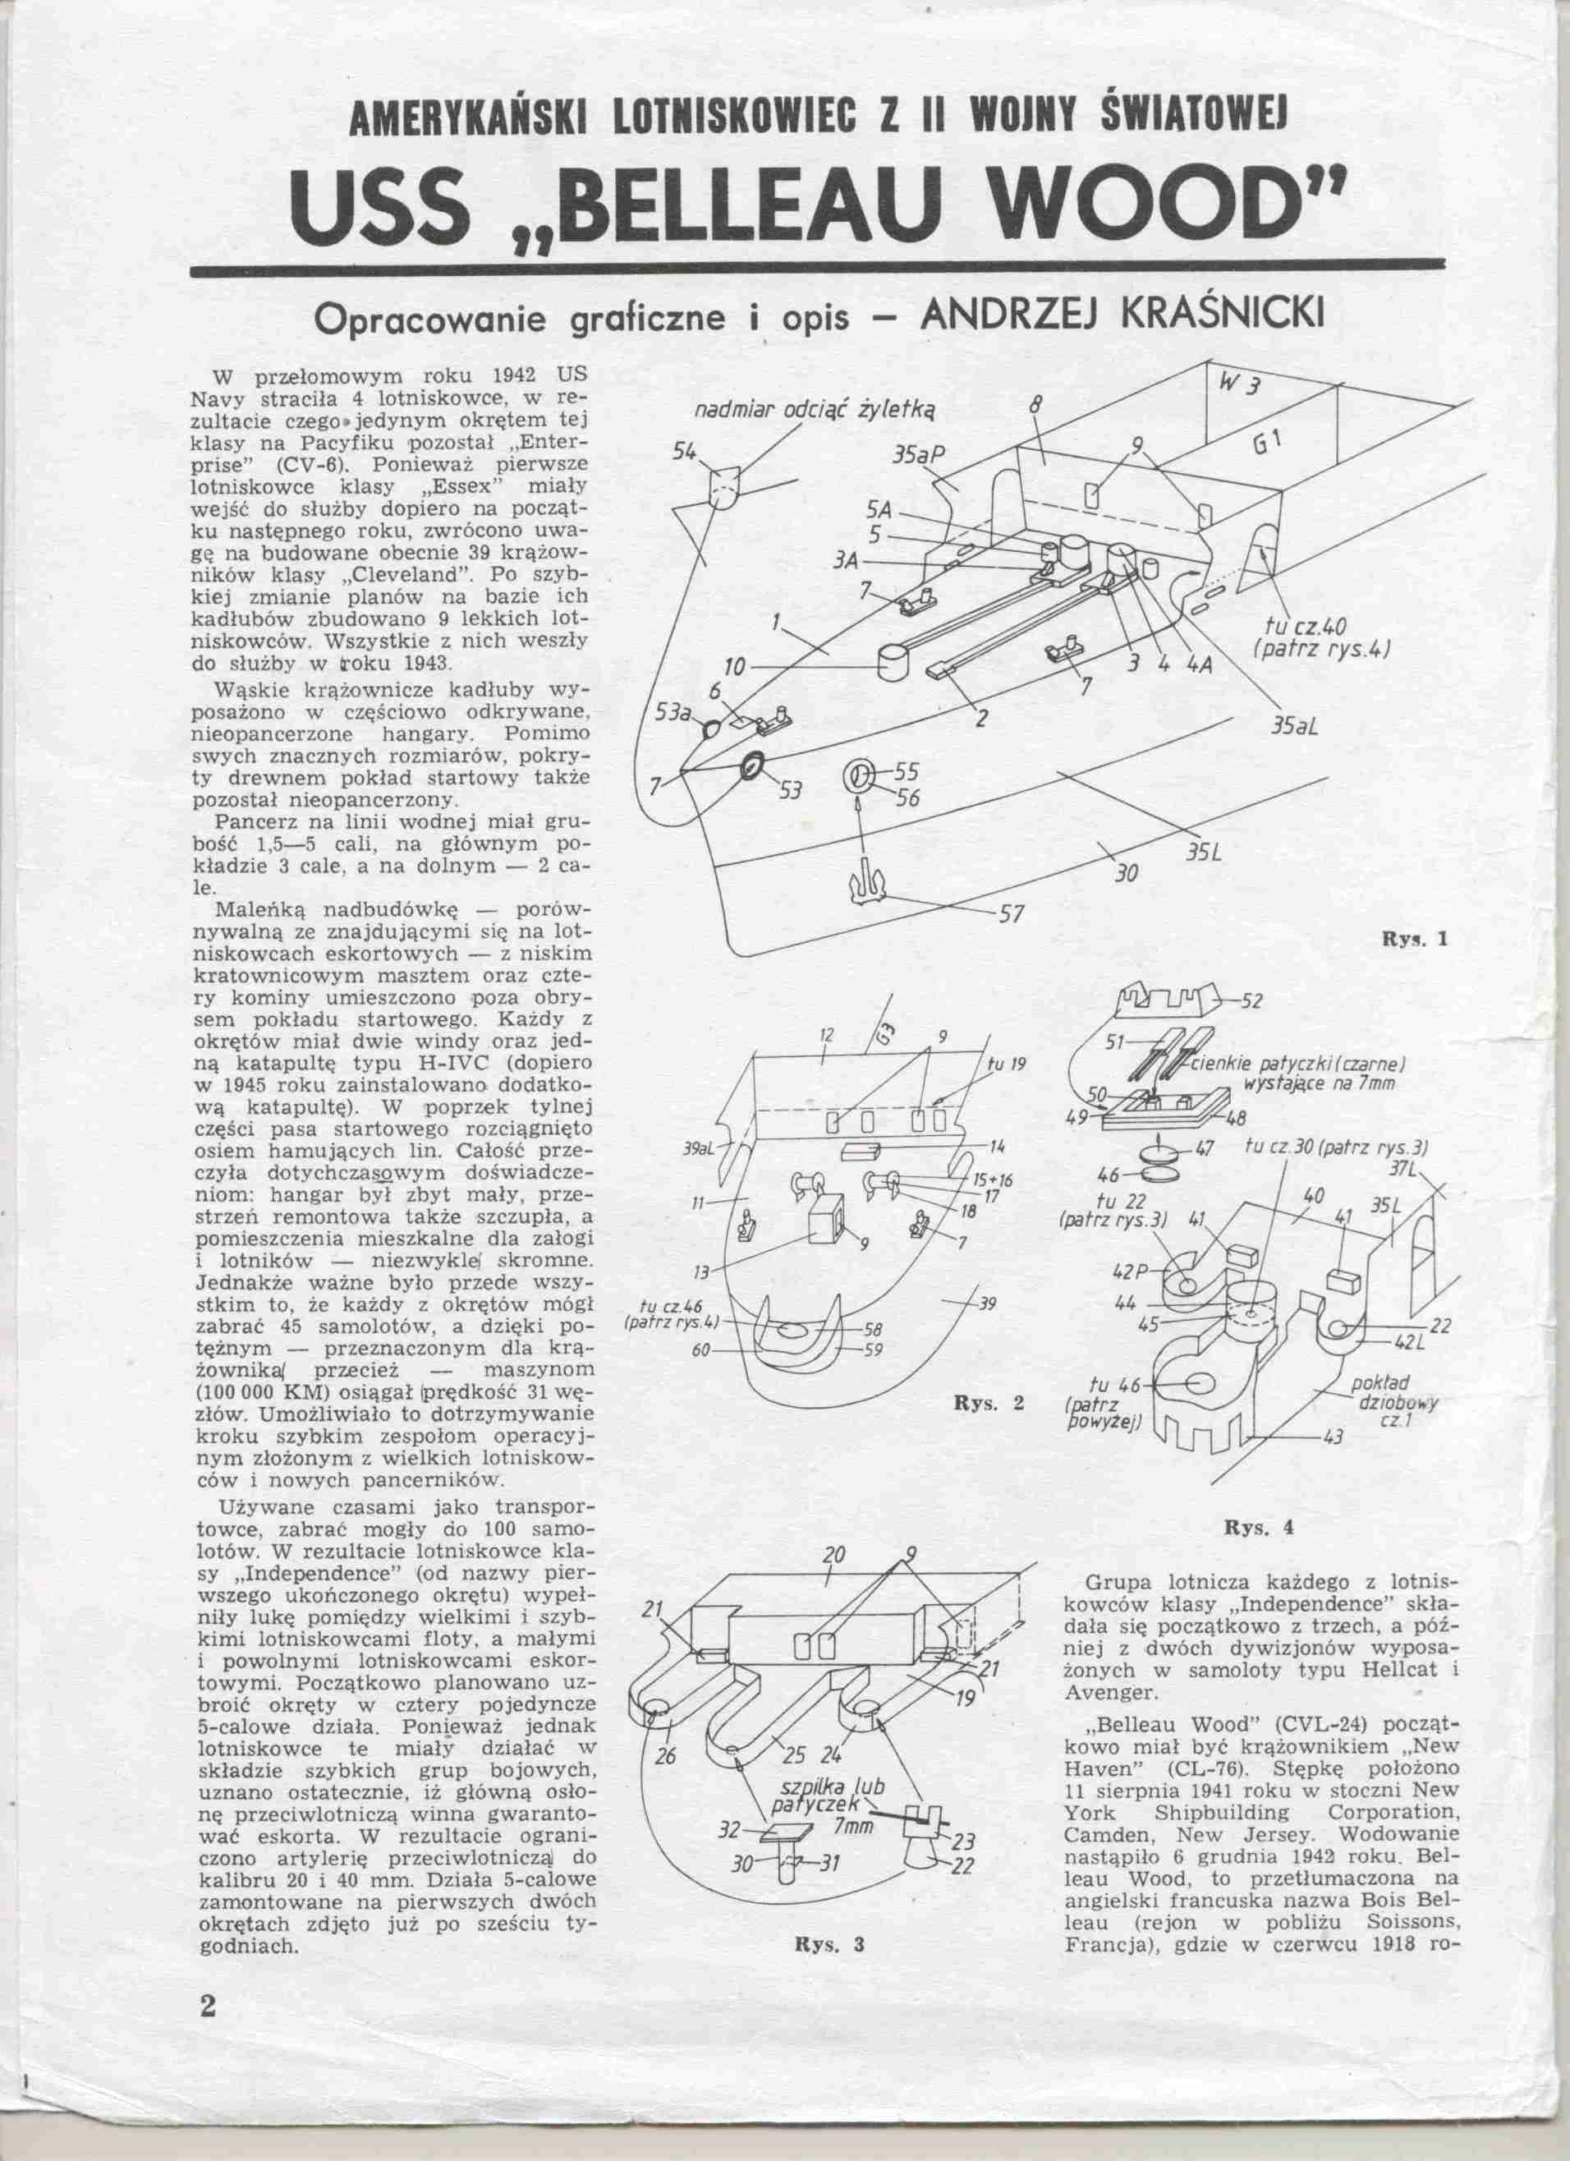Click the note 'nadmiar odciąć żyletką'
(816, 411)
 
